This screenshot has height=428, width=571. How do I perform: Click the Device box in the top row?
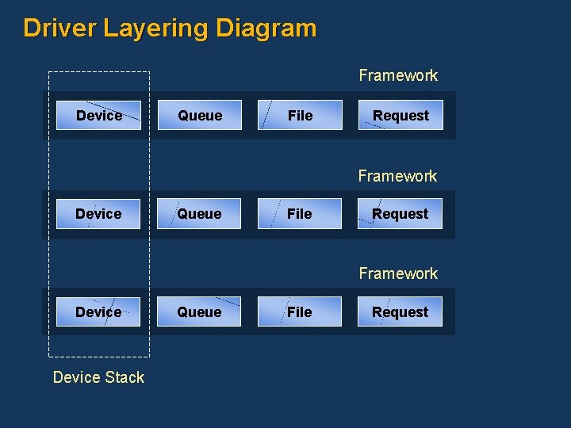(x=99, y=116)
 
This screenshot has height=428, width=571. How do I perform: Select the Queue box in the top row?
(x=200, y=116)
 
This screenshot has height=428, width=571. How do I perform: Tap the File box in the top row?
(x=300, y=116)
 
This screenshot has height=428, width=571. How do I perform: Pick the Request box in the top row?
(x=400, y=116)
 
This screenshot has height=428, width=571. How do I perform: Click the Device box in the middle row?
(x=98, y=214)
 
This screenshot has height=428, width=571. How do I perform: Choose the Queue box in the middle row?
(x=199, y=214)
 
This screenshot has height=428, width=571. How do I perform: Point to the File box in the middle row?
(x=299, y=214)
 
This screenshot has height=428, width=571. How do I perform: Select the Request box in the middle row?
(x=400, y=214)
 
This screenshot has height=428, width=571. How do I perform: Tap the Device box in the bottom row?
(x=98, y=312)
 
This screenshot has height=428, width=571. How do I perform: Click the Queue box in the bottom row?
(x=199, y=312)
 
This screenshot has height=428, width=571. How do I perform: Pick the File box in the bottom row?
(x=299, y=312)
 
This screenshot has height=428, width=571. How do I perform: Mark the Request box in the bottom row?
(x=400, y=312)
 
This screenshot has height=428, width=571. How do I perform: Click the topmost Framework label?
(x=398, y=76)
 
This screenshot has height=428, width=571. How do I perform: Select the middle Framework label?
(x=397, y=176)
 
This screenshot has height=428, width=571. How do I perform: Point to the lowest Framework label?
(x=398, y=273)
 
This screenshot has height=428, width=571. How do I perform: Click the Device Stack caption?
(x=98, y=377)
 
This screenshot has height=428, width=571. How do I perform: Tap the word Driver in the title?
(x=59, y=29)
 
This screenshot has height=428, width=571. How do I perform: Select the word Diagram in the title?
(x=266, y=29)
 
